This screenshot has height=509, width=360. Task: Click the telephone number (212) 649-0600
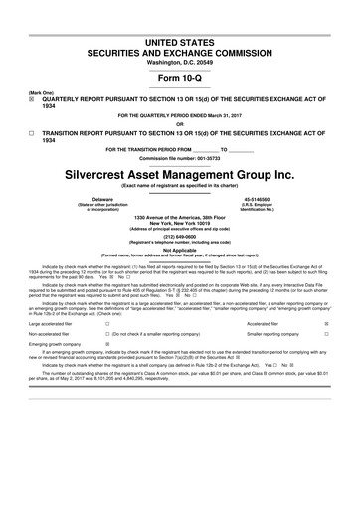tap(180, 236)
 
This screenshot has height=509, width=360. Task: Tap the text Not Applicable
tap(180, 250)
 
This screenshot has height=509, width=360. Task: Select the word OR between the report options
tap(180, 124)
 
